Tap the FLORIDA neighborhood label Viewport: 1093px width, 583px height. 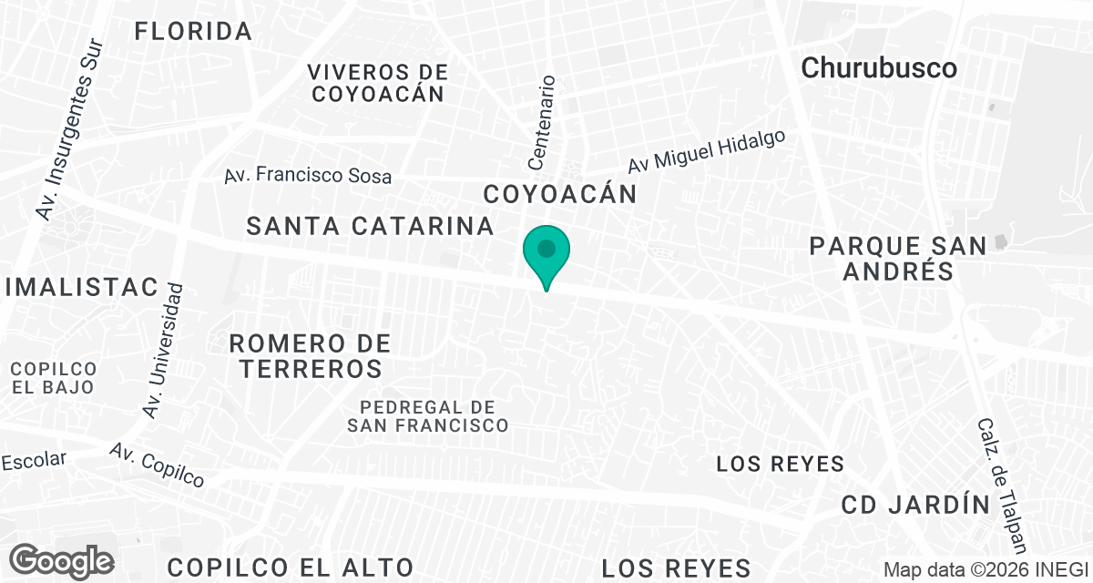point(193,32)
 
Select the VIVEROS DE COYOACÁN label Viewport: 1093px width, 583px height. point(377,82)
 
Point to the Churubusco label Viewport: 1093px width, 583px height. point(879,67)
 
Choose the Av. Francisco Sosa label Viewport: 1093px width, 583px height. point(308,175)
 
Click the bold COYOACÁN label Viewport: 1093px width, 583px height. point(559,194)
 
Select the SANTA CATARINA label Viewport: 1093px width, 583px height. point(370,226)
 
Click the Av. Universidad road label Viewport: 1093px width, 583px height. point(164,351)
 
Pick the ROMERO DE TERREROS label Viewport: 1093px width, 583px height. point(310,356)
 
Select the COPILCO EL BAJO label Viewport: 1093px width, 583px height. point(54,377)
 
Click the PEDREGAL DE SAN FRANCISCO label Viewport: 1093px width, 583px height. point(427,415)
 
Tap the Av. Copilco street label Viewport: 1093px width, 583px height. point(157,465)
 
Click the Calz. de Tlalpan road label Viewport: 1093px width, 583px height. point(1003,485)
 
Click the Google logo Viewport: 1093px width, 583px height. point(63,560)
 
